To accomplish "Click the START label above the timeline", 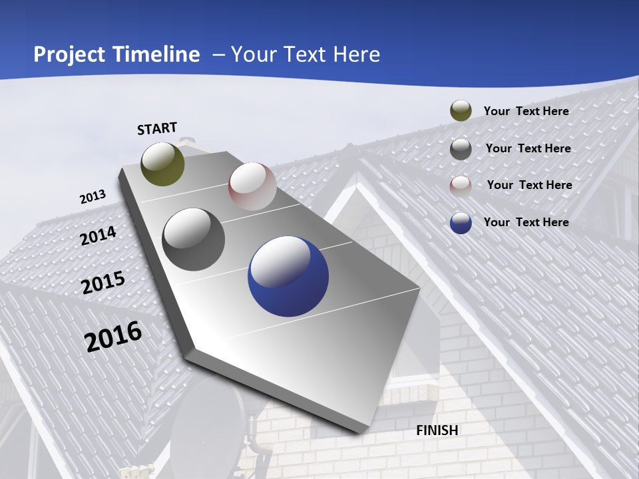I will pos(157,128).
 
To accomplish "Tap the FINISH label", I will pos(437,430).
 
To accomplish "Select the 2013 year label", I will pos(93,197).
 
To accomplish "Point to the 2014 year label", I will pos(99,236).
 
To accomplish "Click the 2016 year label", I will pos(113,337).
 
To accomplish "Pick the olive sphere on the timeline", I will pos(162,164).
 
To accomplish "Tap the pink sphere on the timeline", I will pos(252,186).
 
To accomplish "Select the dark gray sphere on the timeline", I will pos(194,239).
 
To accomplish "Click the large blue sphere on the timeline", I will pos(288,277).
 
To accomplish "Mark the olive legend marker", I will pos(461,111).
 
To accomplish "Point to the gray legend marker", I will pos(461,149).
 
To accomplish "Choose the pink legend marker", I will pos(461,186).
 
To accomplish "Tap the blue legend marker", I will pos(461,223).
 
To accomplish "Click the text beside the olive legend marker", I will pos(526,111).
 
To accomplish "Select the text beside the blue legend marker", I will pos(526,222).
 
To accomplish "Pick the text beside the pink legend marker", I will pos(529,185).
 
